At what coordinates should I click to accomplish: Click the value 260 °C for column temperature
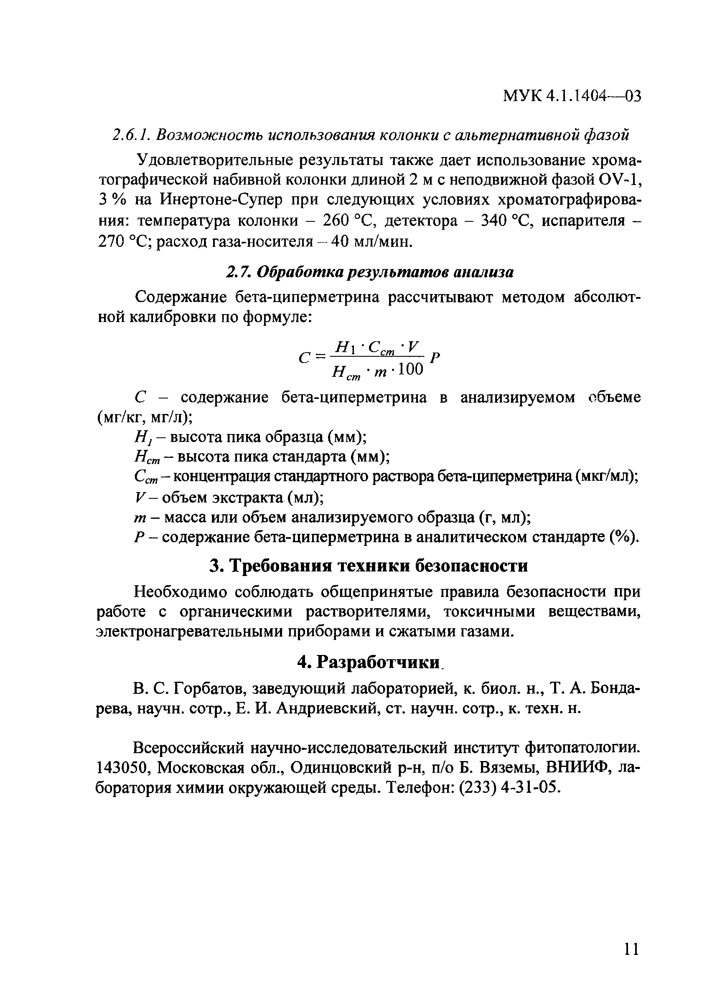point(348,221)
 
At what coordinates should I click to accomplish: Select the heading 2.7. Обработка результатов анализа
point(369,272)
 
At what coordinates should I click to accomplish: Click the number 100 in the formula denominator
point(411,370)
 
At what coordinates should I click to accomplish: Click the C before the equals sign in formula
point(304,358)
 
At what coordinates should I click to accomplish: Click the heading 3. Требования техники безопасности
point(369,566)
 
